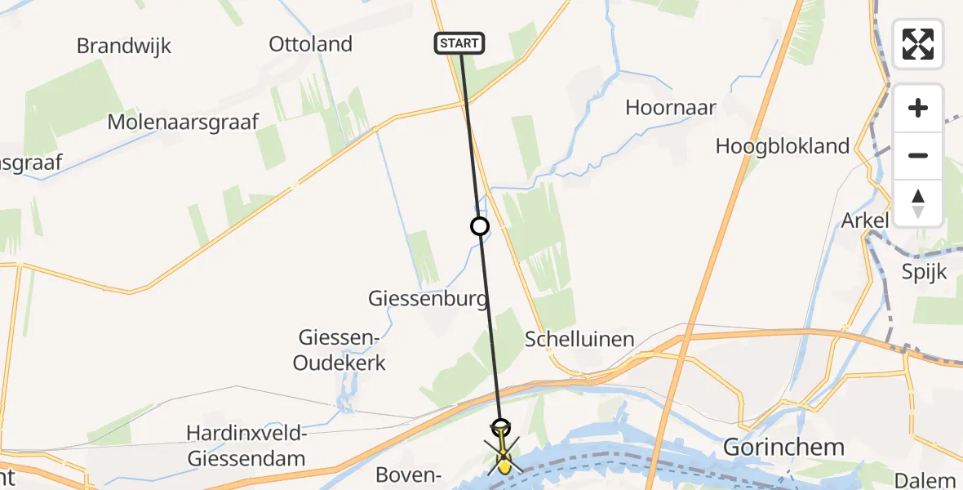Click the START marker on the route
click(x=459, y=43)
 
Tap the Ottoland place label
click(x=311, y=44)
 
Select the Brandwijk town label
click(x=124, y=46)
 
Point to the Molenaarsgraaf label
click(x=184, y=122)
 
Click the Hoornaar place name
click(x=671, y=107)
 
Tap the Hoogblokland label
click(x=783, y=146)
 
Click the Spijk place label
click(x=924, y=271)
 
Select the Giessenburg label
click(x=428, y=299)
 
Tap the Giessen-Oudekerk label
click(x=342, y=350)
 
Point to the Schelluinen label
click(x=579, y=339)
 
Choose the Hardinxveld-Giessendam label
click(x=246, y=446)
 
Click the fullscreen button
click(x=918, y=43)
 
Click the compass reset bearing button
click(x=918, y=203)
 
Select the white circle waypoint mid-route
click(x=480, y=226)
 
